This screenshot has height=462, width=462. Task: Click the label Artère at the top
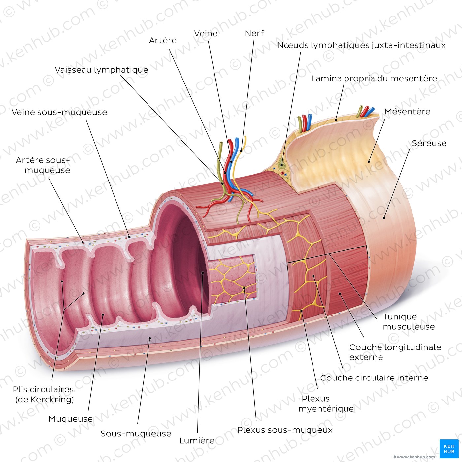click(163, 40)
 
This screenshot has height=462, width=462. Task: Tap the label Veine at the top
click(206, 33)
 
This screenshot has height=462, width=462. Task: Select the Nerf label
click(254, 33)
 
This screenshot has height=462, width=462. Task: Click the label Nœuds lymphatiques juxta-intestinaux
click(361, 45)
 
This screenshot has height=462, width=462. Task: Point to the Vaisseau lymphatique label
click(101, 70)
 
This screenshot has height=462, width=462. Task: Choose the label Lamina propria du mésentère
click(374, 79)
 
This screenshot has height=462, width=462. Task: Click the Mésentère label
click(407, 111)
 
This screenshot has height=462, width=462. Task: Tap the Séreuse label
click(429, 143)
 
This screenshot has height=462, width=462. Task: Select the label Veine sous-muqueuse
click(59, 112)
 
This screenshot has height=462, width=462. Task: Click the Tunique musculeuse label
click(409, 321)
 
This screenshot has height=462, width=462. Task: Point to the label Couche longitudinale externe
click(395, 352)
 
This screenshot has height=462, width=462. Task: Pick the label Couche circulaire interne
click(374, 378)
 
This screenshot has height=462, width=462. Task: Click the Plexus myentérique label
click(326, 404)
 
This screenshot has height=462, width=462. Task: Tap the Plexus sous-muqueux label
click(284, 430)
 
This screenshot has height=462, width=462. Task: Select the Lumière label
click(197, 441)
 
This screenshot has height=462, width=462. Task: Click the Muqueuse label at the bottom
click(71, 419)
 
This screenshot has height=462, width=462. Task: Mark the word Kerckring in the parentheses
click(48, 399)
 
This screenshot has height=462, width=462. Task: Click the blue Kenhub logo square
click(449, 449)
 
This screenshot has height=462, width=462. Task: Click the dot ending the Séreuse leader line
click(384, 218)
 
